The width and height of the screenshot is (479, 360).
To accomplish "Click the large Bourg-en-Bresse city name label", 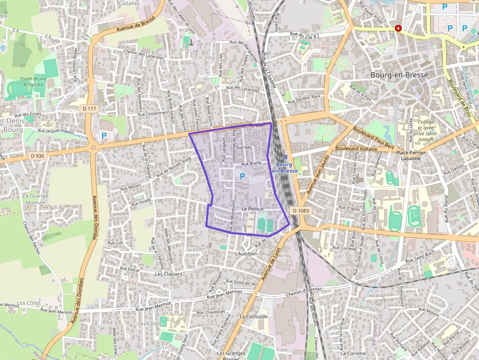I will [399, 75].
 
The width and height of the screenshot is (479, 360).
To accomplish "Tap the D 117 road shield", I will [89, 108].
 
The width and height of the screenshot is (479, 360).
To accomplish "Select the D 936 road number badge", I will [37, 156].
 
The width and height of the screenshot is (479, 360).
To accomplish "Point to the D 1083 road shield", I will [301, 210].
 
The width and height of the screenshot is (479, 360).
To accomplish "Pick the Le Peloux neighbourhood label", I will [252, 209].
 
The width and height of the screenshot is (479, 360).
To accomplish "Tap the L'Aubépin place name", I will [246, 254].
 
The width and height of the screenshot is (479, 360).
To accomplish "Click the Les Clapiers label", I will [168, 274].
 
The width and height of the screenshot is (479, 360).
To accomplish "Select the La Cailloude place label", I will [254, 316].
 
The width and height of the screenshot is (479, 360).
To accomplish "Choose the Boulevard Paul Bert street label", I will [373, 138].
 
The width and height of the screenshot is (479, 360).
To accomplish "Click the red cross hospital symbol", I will [398, 28].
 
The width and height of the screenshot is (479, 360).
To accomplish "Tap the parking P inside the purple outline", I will [242, 175].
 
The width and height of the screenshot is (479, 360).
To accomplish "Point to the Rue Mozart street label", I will [131, 186].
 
